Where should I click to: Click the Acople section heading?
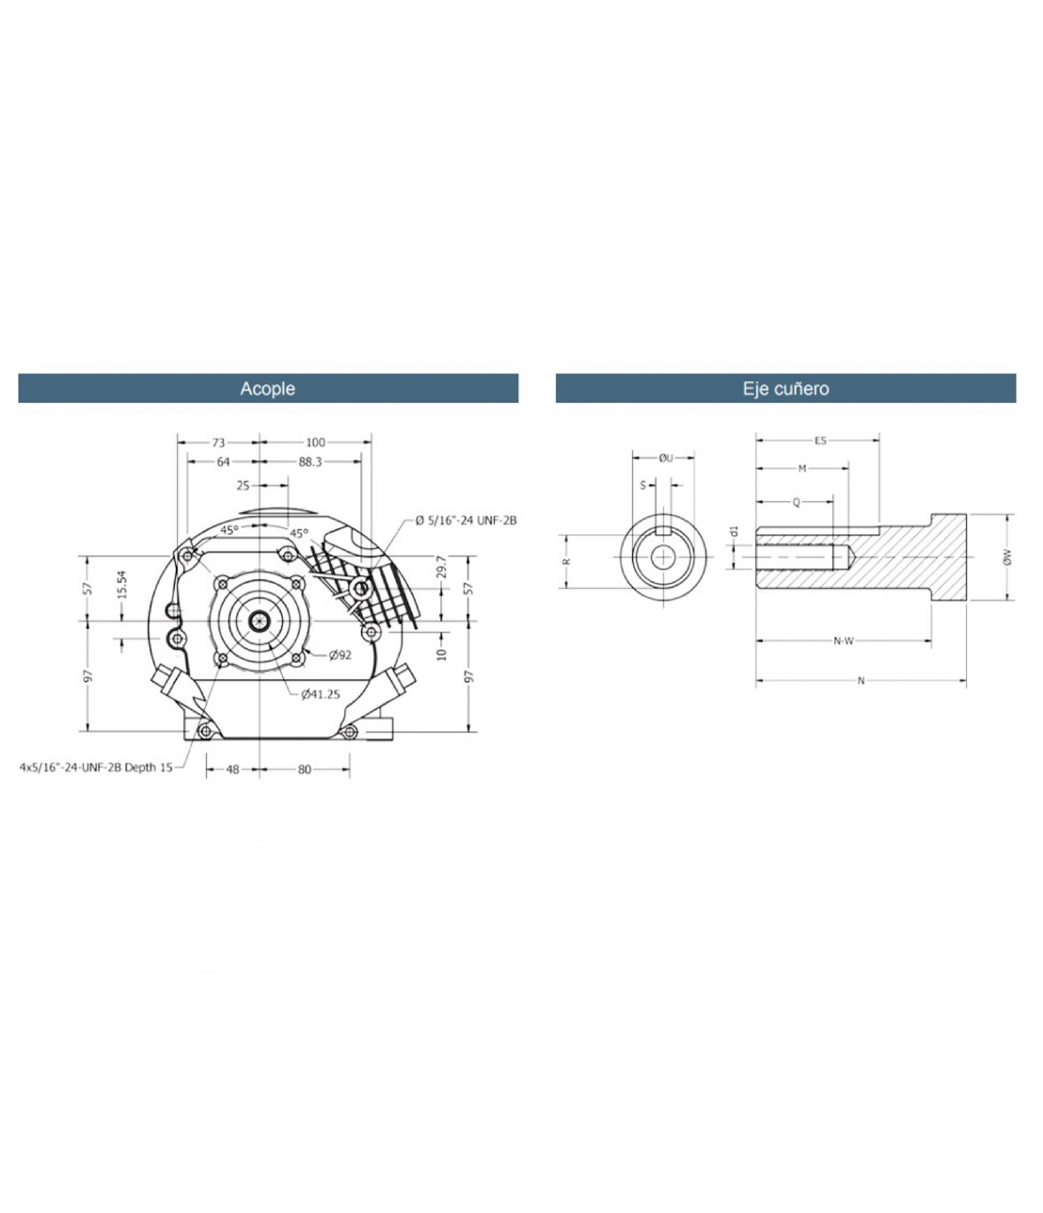pos(268,389)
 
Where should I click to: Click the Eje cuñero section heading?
pos(785,389)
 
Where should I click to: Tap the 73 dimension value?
pos(218,443)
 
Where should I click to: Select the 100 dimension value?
pos(315,443)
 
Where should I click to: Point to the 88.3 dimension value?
pos(310,462)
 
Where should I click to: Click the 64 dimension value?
pos(224,462)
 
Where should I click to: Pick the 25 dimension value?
pos(243,485)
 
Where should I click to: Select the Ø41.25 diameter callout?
pos(321,695)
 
